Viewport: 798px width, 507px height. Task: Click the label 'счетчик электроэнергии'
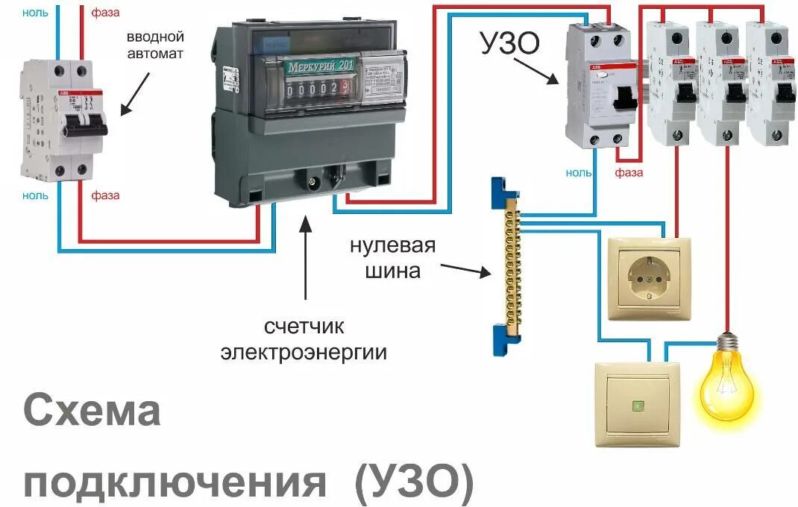pyautogui.click(x=304, y=339)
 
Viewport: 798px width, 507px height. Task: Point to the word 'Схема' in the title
pyautogui.click(x=92, y=412)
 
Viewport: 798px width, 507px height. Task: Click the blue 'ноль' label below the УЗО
pyautogui.click(x=579, y=173)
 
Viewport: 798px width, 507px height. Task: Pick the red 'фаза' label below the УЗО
pyautogui.click(x=629, y=173)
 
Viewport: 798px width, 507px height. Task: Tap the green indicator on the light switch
pyautogui.click(x=637, y=406)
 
